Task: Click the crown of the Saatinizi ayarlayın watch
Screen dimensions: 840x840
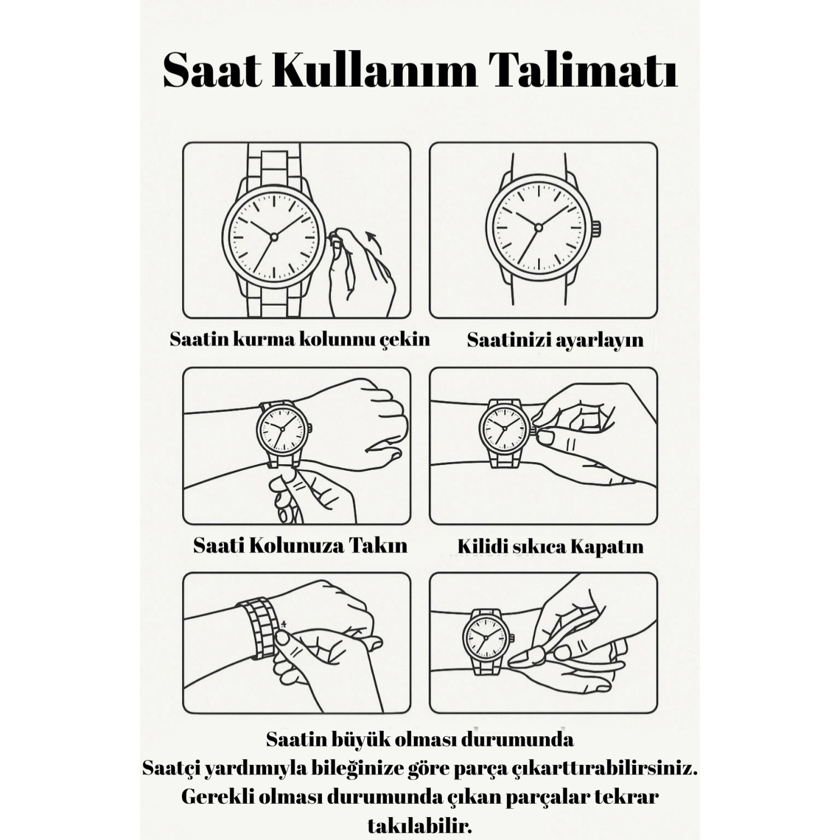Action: pyautogui.click(x=596, y=228)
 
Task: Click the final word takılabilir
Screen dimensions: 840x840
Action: pyautogui.click(x=420, y=825)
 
